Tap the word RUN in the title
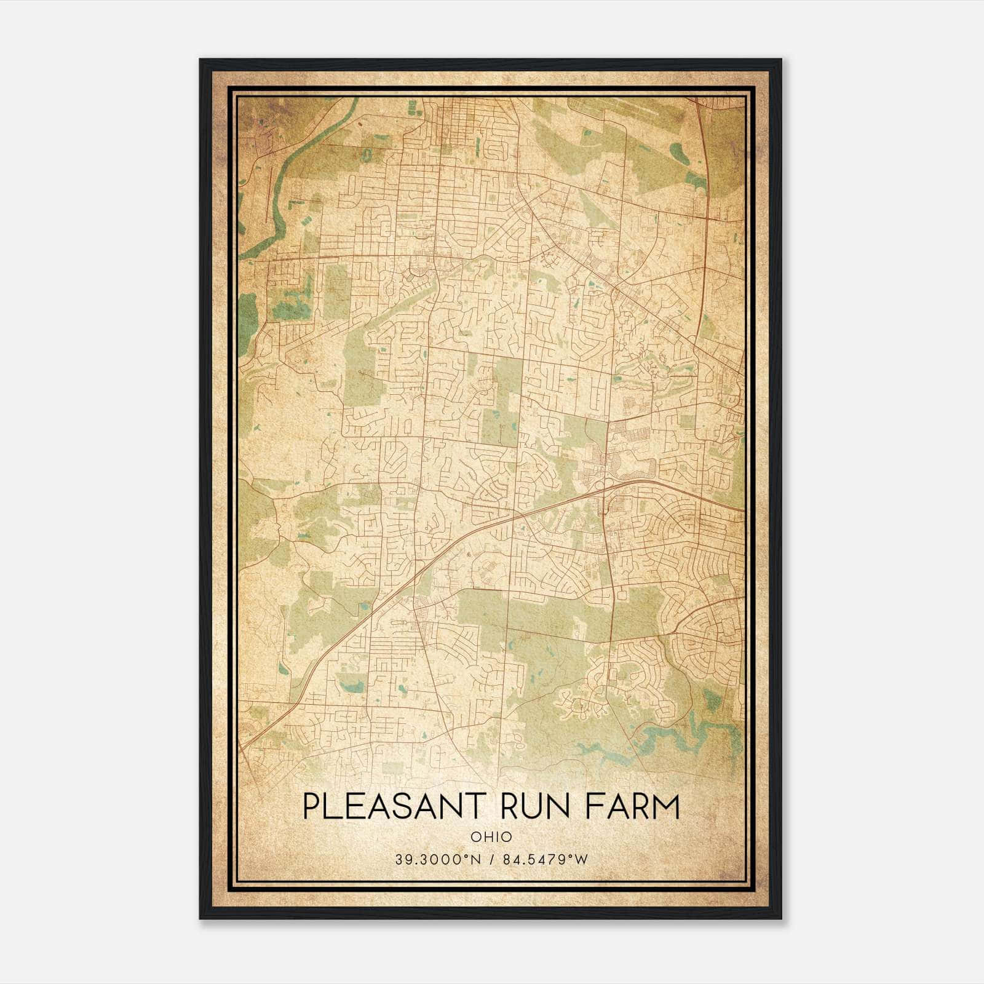pyautogui.click(x=536, y=807)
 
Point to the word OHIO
pyautogui.click(x=491, y=837)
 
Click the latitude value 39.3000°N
pyautogui.click(x=437, y=859)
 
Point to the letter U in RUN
pyautogui.click(x=536, y=807)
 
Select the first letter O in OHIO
pyautogui.click(x=475, y=837)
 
